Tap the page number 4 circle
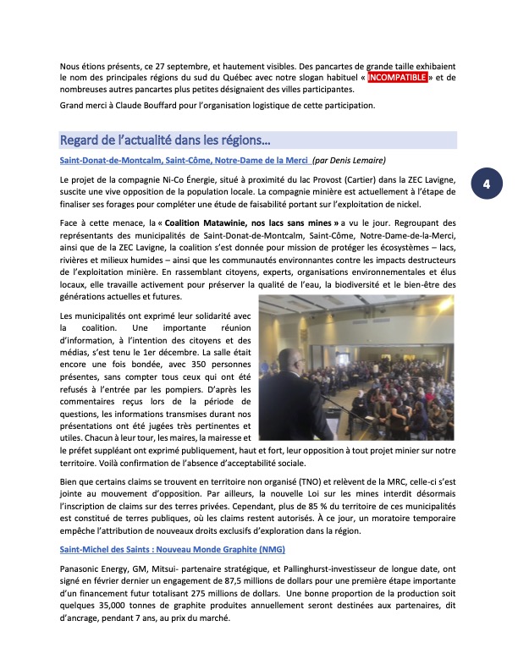tap(487, 184)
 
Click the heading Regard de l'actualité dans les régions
tap(164, 140)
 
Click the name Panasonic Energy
tap(92, 570)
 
